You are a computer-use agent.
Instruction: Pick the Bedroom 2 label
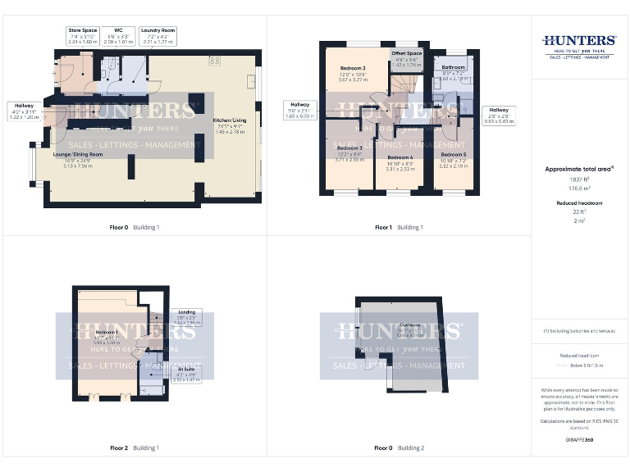click(353, 74)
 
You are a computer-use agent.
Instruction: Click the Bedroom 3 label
click(349, 153)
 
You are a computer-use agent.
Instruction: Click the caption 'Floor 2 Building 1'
click(135, 448)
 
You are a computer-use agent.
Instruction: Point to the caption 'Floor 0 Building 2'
click(399, 448)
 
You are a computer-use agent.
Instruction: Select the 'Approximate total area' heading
click(579, 169)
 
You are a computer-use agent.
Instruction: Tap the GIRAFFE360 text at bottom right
click(578, 440)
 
